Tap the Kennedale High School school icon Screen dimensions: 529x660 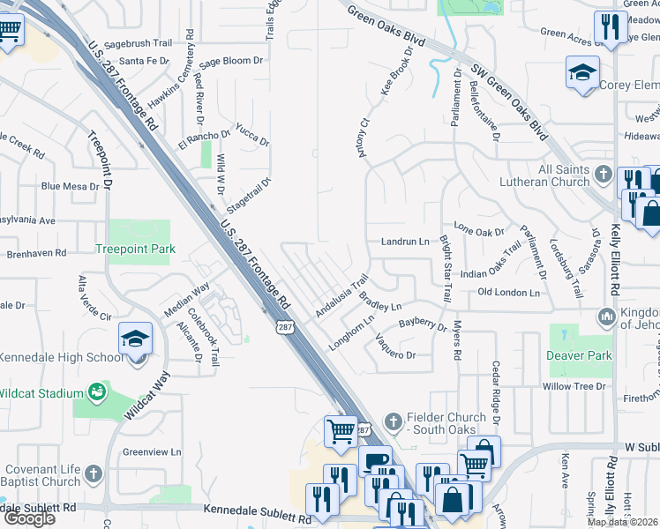point(135,339)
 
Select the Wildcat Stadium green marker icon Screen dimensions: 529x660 point(96,391)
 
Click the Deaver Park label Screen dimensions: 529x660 point(578,355)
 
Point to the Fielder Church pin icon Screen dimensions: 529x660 point(394,417)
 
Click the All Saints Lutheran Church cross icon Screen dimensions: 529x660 point(604,171)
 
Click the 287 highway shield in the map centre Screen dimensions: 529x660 point(284,327)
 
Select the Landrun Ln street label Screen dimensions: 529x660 point(405,241)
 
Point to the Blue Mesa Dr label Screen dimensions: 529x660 point(70,186)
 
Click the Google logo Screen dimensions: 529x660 point(29,518)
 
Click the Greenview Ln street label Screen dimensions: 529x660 point(152,452)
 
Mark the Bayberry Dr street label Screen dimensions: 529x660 point(423,324)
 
